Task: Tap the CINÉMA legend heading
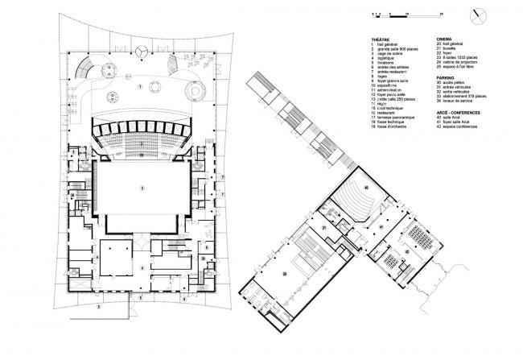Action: pyautogui.click(x=444, y=39)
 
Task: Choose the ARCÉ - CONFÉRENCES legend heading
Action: pyautogui.click(x=457, y=113)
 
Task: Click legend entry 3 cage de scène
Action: pyautogui.click(x=392, y=53)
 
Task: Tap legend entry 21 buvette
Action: pyautogui.click(x=451, y=48)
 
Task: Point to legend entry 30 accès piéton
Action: pyautogui.click(x=455, y=84)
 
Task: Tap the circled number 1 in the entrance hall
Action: pyautogui.click(x=139, y=85)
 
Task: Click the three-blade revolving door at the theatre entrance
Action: pyautogui.click(x=141, y=50)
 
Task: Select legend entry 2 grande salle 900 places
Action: pyautogui.click(x=400, y=48)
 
